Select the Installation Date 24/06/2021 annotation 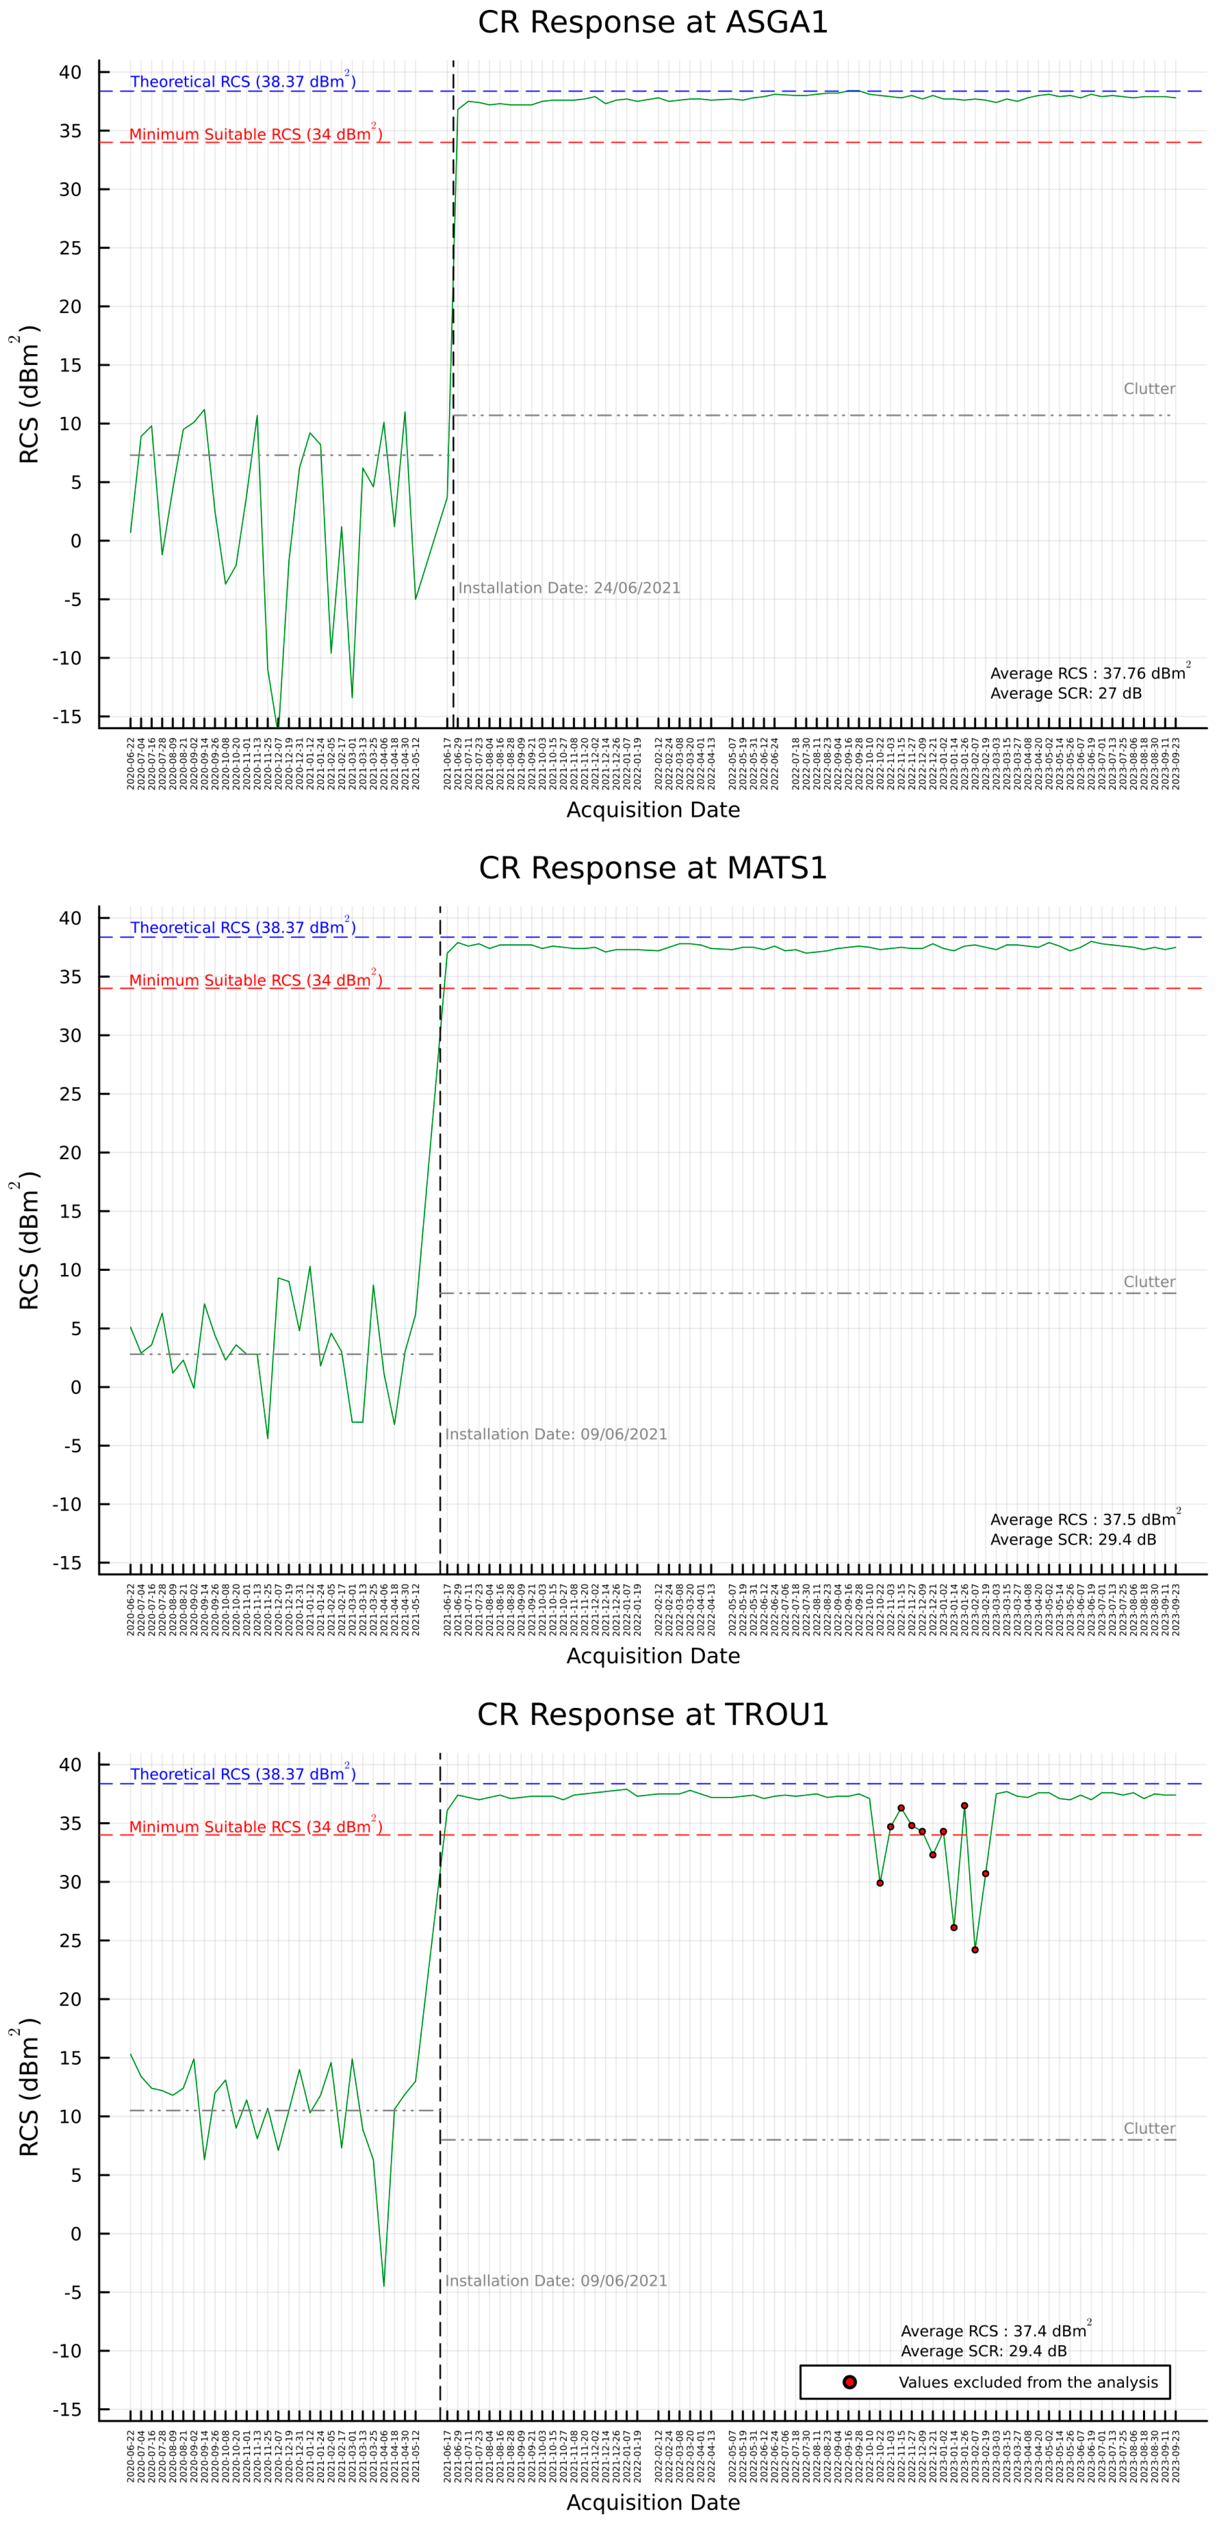pyautogui.click(x=569, y=588)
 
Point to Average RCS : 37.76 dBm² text pyautogui.click(x=1088, y=673)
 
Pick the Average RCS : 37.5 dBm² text pyautogui.click(x=1084, y=1519)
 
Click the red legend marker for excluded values pyautogui.click(x=849, y=2382)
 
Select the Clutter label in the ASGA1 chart pyautogui.click(x=1148, y=389)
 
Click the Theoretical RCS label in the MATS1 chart pyautogui.click(x=242, y=927)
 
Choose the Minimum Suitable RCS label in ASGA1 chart pyautogui.click(x=255, y=134)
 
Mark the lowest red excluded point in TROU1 pyautogui.click(x=975, y=1949)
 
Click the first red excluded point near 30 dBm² pyautogui.click(x=880, y=1883)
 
